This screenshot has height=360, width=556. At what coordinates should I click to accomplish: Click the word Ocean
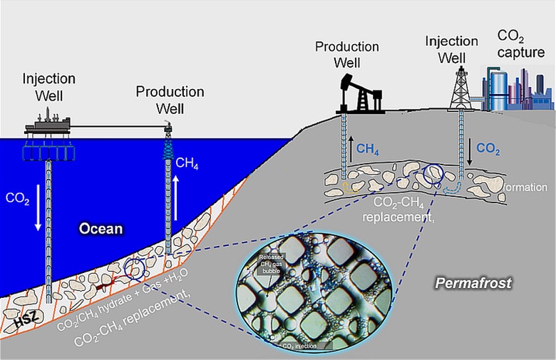coord(101,230)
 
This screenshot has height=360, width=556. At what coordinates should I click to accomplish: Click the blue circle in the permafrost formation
coord(433,175)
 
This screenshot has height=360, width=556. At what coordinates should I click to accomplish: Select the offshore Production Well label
coord(170,100)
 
